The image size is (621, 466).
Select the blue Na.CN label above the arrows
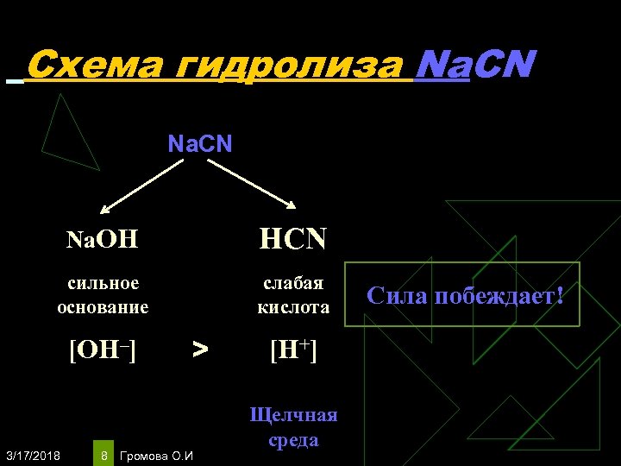pos(199,143)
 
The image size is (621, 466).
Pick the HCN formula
pos(293,238)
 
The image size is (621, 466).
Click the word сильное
pos(103,283)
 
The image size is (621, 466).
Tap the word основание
pos(103,306)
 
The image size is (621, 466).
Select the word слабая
pos(293,283)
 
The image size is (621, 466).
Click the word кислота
pos(293,306)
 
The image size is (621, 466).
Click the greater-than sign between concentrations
pos(200,349)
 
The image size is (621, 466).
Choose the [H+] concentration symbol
pos(293,349)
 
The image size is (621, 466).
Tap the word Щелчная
pos(293,415)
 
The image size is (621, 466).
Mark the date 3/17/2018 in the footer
pos(32,455)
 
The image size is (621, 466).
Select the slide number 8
pos(103,455)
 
